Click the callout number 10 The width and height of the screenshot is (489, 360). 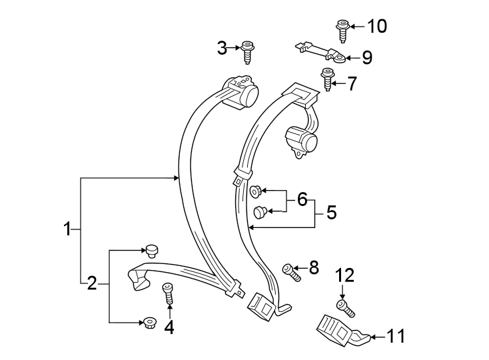tap(376, 27)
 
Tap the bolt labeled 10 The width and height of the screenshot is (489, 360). tap(342, 31)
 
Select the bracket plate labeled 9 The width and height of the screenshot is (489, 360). tap(320, 52)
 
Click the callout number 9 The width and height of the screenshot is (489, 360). tap(366, 57)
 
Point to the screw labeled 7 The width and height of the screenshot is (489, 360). tap(328, 80)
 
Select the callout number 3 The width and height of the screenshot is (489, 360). tap(223, 47)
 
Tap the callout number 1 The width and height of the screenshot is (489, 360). tap(67, 229)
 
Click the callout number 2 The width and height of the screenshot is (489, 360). tap(92, 284)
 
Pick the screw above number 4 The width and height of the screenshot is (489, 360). tap(168, 293)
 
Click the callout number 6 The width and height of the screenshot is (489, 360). tap(302, 199)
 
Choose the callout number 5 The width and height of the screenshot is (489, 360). tap(330, 213)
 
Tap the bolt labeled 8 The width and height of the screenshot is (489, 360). tap(290, 271)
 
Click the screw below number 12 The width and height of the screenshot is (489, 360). tap(346, 308)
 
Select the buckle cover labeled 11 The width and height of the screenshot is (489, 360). tap(339, 331)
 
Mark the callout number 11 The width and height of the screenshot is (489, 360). tap(396, 337)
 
